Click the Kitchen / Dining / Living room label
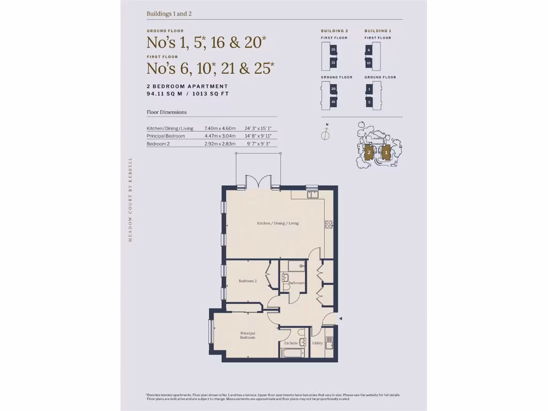(277, 223)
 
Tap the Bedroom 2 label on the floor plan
(248, 281)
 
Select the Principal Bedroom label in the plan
(247, 336)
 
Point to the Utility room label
(317, 343)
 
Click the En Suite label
(291, 343)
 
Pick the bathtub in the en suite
(292, 353)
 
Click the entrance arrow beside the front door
(341, 319)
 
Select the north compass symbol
(325, 134)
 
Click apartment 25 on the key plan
(333, 50)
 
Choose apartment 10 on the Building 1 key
(368, 63)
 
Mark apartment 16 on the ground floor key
(333, 102)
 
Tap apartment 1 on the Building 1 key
(369, 89)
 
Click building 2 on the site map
(369, 153)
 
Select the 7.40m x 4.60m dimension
(219, 128)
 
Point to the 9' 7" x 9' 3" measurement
(258, 144)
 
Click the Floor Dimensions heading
(166, 112)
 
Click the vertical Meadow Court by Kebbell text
(130, 199)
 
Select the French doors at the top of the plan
(258, 182)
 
